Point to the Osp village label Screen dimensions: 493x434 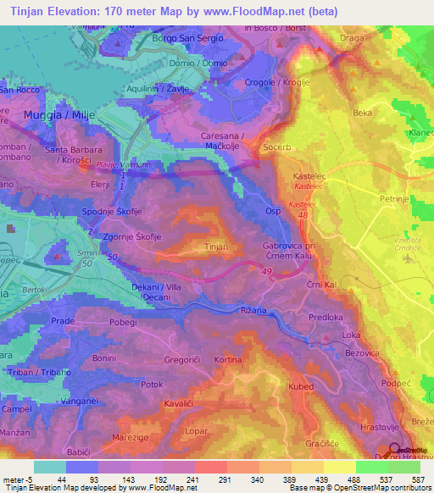tap(272, 211)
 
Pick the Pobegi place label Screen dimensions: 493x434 tap(123, 323)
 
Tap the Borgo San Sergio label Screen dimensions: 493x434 tap(189, 39)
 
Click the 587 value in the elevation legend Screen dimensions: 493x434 tap(416, 479)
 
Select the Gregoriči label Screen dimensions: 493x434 tap(180, 359)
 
